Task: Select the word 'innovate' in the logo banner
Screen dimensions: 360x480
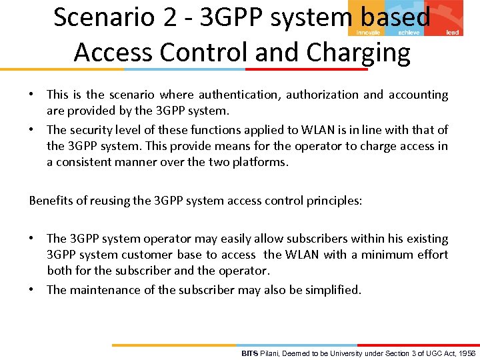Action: coord(368,32)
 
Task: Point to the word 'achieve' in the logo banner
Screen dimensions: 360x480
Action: coord(409,32)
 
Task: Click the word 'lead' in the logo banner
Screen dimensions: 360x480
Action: coord(452,32)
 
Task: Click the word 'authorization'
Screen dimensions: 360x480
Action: coord(323,95)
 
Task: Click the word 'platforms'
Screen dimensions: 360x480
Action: coord(239,162)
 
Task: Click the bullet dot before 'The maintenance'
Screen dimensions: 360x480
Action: coord(33,289)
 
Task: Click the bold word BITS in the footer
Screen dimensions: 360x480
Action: coord(249,353)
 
